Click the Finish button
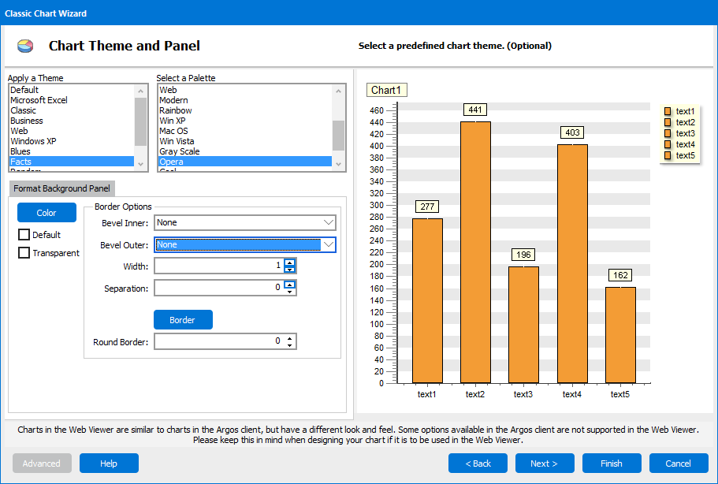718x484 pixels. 612,464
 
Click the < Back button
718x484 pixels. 478,464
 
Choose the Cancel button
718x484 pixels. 678,464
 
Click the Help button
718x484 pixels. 109,464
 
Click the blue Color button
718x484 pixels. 47,213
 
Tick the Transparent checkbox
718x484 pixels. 24,253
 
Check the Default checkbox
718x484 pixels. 24,235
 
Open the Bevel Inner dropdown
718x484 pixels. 245,223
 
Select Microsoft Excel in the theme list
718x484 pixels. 39,100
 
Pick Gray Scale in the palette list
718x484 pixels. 180,151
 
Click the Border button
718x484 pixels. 182,320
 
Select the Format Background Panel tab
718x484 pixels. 62,189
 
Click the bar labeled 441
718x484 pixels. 475,252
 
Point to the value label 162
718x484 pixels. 619,276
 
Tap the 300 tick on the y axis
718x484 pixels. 377,205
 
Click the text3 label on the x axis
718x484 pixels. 523,394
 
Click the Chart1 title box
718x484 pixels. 386,90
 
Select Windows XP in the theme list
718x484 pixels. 34,141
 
